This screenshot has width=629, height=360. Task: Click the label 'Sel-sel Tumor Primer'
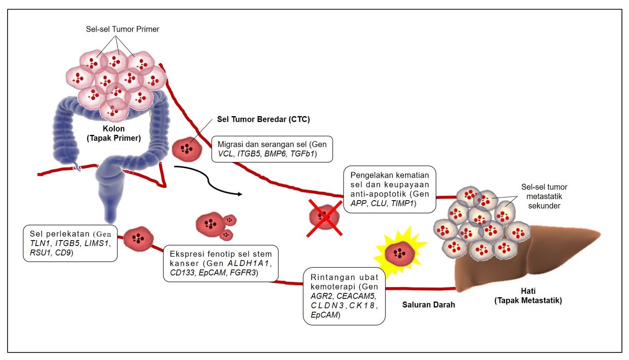click(122, 29)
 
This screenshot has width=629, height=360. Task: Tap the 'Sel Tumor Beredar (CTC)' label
click(263, 119)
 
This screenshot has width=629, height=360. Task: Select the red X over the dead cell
click(324, 218)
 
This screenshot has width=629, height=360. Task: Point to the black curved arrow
click(208, 180)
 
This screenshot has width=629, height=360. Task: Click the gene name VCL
click(226, 154)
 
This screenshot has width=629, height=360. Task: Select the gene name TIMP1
click(402, 204)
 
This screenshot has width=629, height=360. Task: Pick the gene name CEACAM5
click(356, 296)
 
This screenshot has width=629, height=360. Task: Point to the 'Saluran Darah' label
click(428, 305)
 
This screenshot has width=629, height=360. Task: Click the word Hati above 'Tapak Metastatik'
click(528, 291)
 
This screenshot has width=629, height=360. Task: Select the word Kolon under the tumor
click(114, 129)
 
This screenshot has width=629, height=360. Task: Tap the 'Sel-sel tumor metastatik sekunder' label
click(544, 196)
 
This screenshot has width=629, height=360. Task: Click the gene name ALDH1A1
click(249, 263)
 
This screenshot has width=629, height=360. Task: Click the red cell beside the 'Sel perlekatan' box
click(138, 238)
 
